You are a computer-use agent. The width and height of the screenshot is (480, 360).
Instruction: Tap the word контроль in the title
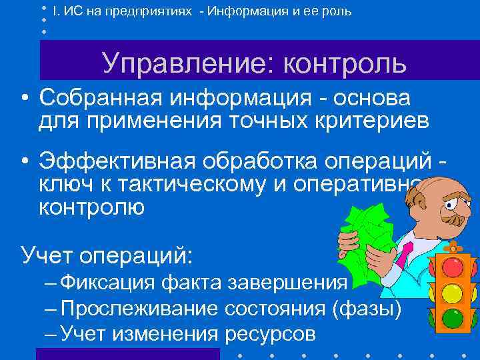tap(345, 63)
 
